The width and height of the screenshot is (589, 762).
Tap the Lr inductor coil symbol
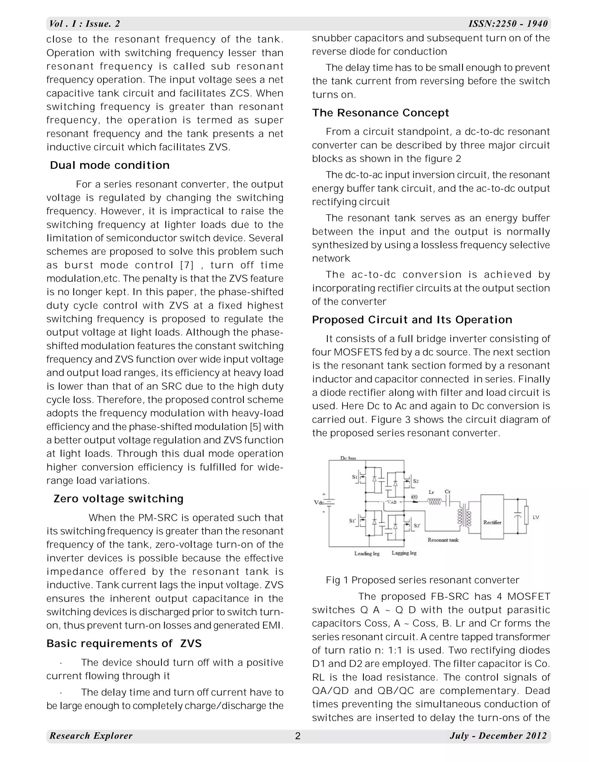(x=435, y=502)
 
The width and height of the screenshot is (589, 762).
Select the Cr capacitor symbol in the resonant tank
(x=448, y=502)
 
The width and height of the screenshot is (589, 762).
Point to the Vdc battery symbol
(x=330, y=502)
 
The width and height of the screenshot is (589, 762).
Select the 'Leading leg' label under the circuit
(x=367, y=553)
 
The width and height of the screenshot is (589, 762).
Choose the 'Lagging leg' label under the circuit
(x=404, y=553)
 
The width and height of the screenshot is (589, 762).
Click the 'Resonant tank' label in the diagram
(x=443, y=540)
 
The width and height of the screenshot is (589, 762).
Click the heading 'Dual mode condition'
(x=110, y=165)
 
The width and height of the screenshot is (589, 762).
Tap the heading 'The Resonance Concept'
(x=380, y=113)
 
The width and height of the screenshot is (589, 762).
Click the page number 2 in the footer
(x=298, y=736)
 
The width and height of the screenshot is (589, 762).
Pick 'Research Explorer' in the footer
(x=91, y=736)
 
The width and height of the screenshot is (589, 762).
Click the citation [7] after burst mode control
(x=187, y=265)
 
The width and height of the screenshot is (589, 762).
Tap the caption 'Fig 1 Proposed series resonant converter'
(x=422, y=580)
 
